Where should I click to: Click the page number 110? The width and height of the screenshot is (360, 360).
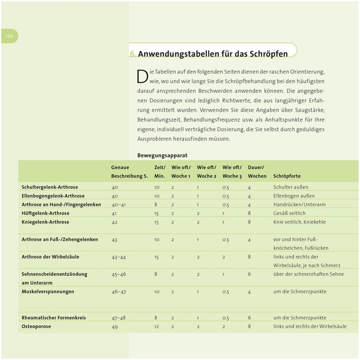[9, 36]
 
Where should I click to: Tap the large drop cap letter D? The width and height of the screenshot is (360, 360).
[142, 76]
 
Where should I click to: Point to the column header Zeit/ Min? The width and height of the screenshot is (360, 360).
[160, 172]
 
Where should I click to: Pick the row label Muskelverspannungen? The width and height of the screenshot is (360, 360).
[47, 292]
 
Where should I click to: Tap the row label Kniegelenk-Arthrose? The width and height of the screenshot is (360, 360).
[45, 222]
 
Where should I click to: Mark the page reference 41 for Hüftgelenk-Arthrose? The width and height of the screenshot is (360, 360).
[114, 213]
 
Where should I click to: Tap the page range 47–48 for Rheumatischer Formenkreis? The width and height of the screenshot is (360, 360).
[119, 317]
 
